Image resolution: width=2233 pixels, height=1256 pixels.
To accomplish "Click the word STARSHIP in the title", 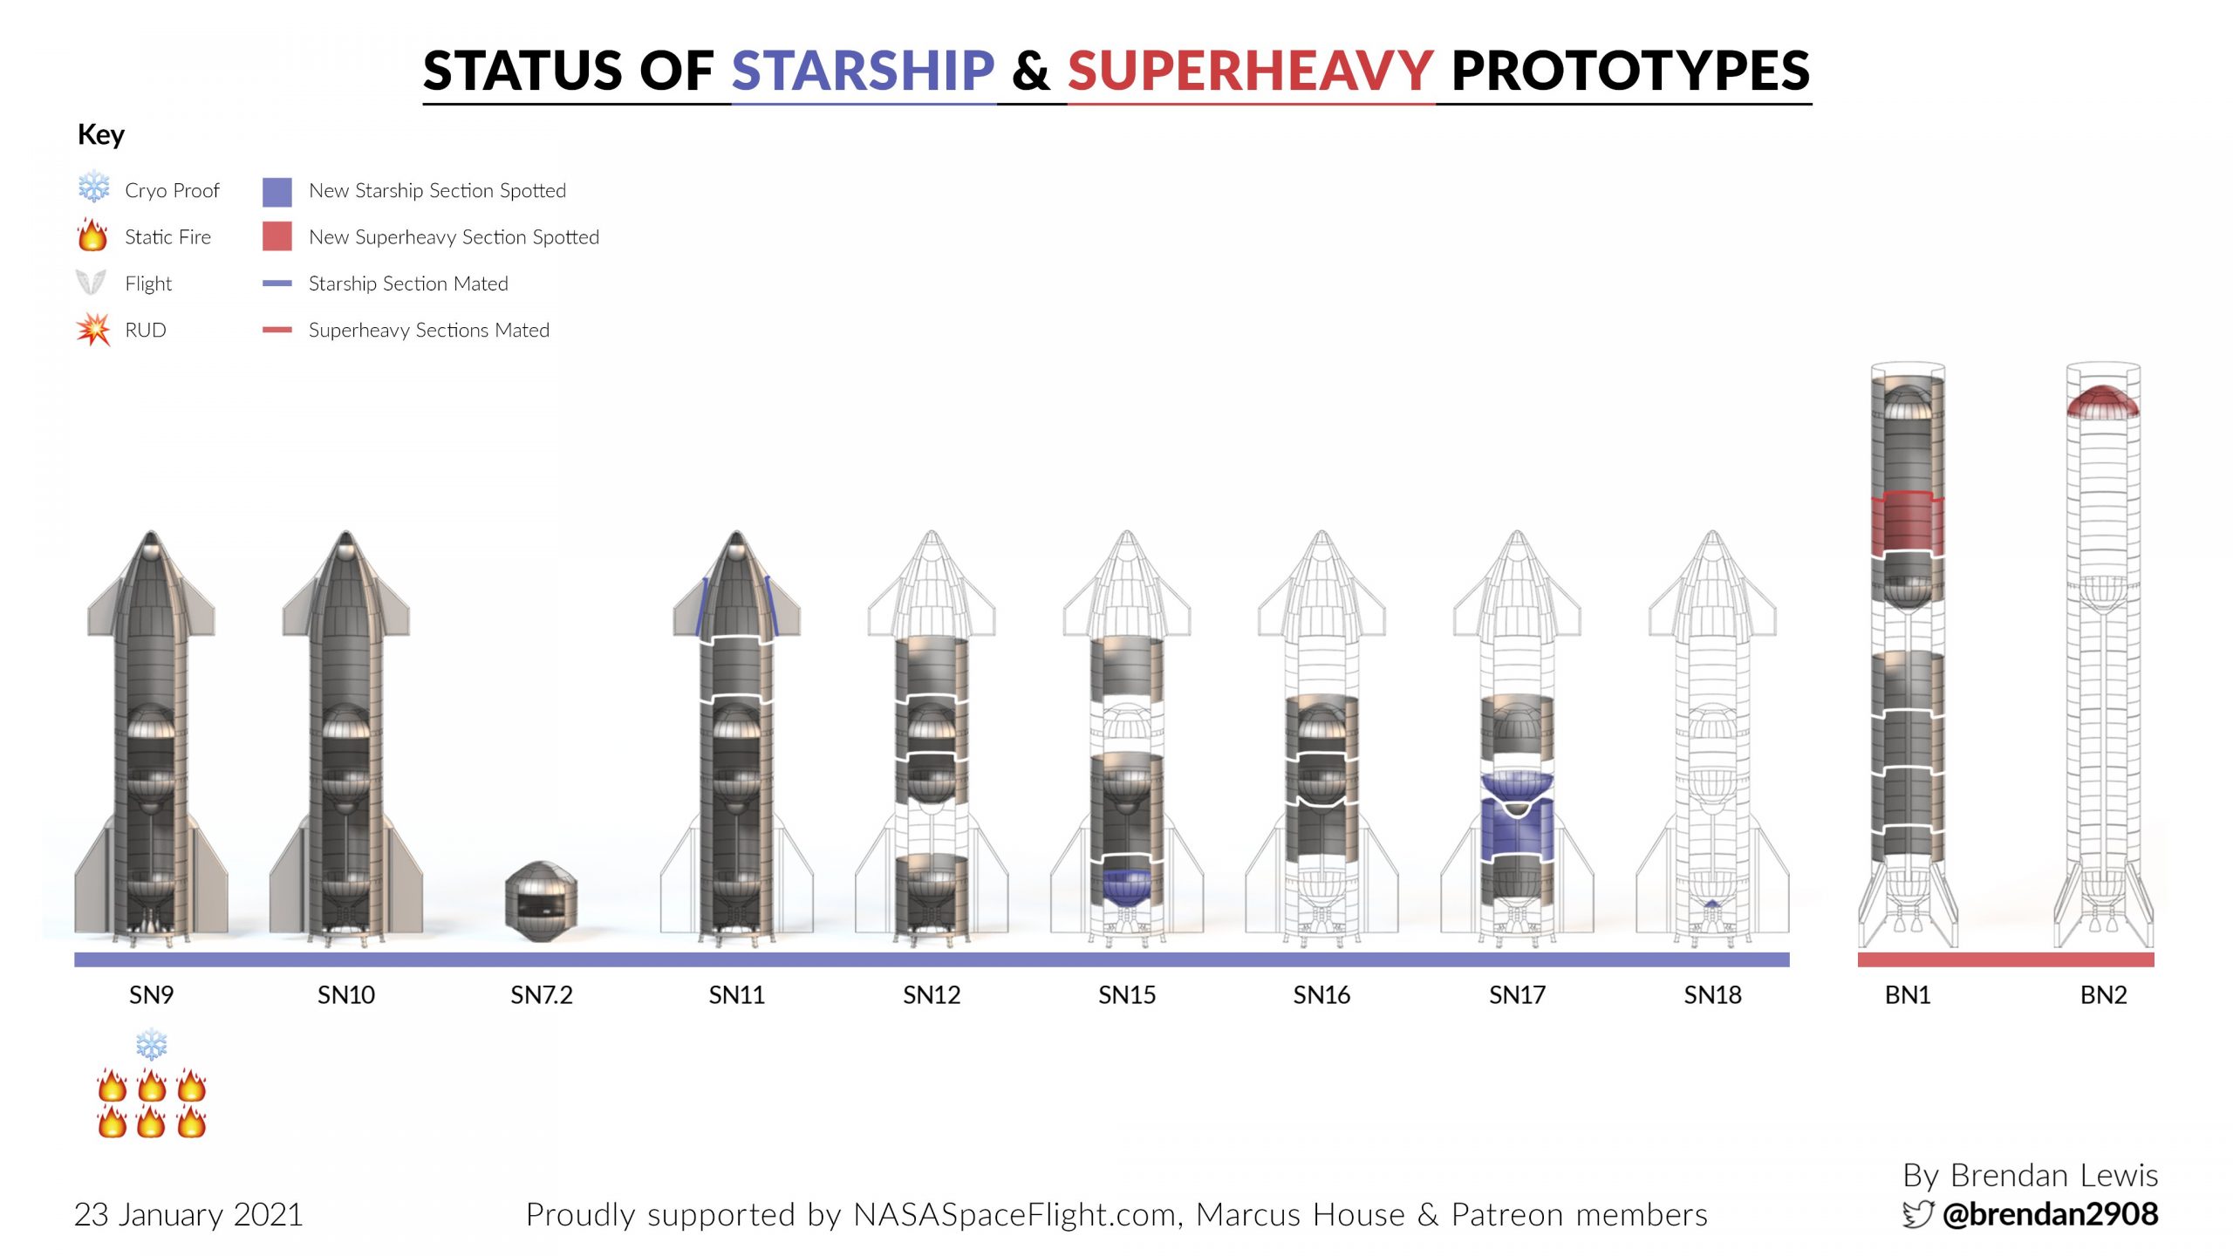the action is (x=863, y=71).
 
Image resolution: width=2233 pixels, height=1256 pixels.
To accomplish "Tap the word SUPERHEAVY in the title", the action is (x=1251, y=71).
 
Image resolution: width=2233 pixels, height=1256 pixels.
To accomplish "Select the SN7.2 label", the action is (x=542, y=995).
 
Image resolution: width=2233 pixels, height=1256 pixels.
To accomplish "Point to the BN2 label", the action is (x=2103, y=995).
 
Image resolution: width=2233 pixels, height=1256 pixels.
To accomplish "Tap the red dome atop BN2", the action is (x=2103, y=401).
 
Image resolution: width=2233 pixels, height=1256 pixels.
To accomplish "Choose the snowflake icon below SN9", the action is (x=152, y=1044).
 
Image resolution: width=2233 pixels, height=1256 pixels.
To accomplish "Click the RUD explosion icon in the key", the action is (x=93, y=330).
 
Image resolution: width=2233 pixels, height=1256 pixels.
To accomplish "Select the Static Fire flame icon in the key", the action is (x=92, y=235).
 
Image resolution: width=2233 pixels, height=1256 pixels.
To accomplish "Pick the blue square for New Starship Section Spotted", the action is (x=277, y=192).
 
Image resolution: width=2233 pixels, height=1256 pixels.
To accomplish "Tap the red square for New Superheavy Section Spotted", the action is (x=277, y=236).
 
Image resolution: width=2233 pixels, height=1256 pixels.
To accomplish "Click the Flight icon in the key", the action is (x=92, y=283).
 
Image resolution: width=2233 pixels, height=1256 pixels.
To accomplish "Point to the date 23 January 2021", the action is (x=188, y=1215).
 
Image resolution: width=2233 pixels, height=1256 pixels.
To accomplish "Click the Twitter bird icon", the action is (x=1918, y=1214).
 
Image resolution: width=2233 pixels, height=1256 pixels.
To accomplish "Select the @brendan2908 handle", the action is (x=2050, y=1214).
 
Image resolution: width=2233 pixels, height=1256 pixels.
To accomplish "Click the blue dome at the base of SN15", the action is (x=1127, y=886).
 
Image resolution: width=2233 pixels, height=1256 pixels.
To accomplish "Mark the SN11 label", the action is (x=737, y=995).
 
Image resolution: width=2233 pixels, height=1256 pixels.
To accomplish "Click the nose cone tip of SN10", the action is (x=346, y=532).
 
